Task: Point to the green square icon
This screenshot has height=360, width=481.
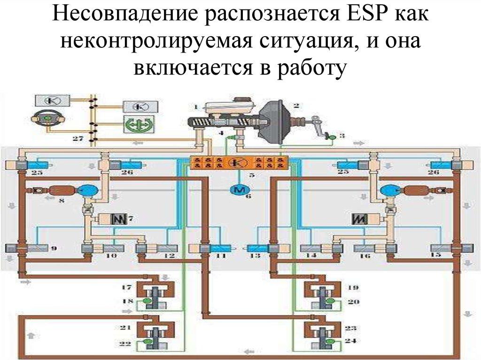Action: point(135,126)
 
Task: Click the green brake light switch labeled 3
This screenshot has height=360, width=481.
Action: point(331,137)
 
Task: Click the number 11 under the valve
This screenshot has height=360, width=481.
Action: point(220,256)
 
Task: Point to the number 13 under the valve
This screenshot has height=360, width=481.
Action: point(255,256)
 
